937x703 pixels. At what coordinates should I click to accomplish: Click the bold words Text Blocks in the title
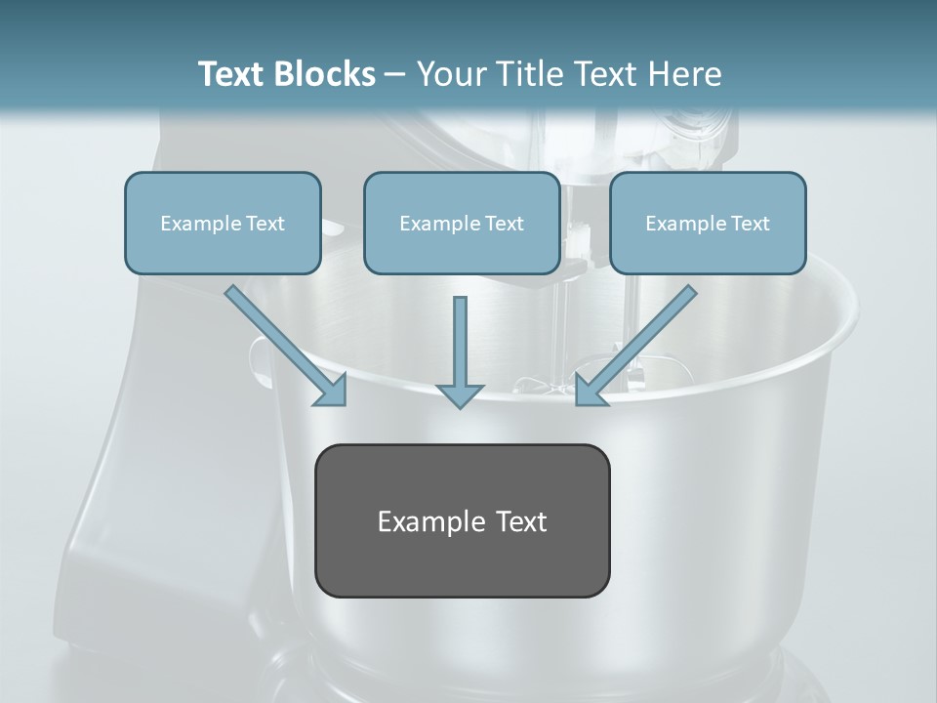(x=286, y=73)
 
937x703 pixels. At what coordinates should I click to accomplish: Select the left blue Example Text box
(x=223, y=223)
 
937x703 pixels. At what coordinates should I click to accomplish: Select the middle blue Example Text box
(x=462, y=223)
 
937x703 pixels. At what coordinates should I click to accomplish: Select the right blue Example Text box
(x=708, y=223)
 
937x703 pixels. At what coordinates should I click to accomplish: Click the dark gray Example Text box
(x=462, y=520)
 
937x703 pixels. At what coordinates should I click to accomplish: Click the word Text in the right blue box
(x=750, y=223)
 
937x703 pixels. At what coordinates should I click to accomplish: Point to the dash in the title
(x=395, y=75)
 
